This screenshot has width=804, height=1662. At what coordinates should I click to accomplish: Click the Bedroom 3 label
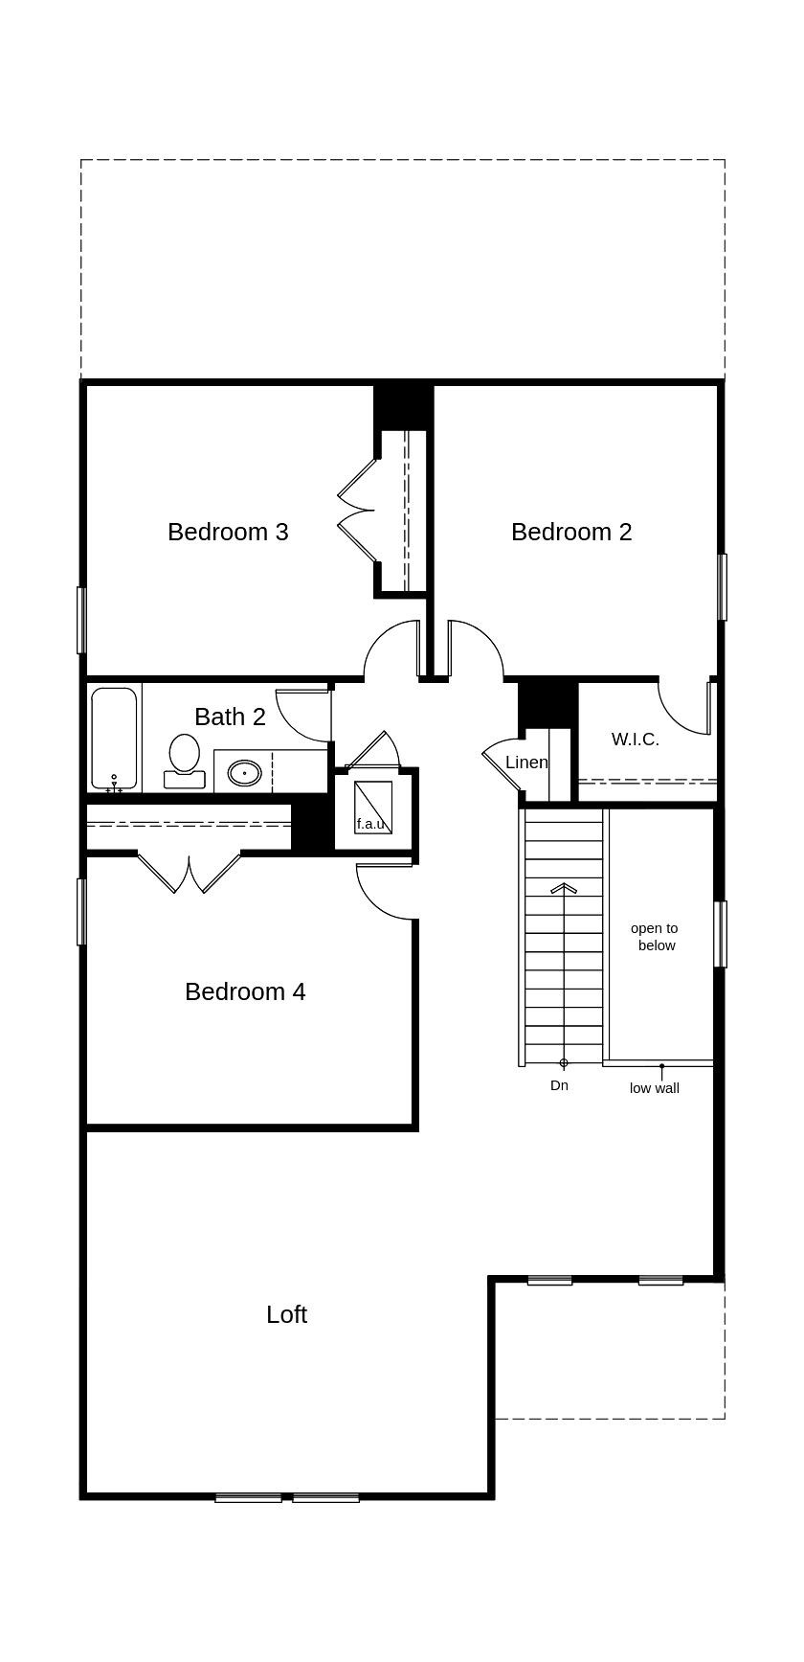(228, 532)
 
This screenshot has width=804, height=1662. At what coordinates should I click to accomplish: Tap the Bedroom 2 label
(571, 532)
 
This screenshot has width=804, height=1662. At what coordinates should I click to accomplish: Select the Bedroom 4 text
(245, 991)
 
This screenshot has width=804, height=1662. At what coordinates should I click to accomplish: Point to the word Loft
(286, 1314)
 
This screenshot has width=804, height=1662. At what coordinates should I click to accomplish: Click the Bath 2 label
(230, 717)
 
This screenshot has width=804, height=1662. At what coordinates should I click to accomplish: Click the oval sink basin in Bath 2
(244, 772)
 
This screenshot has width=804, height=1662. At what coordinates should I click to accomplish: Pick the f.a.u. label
(370, 824)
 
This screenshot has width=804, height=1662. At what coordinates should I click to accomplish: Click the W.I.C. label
(635, 740)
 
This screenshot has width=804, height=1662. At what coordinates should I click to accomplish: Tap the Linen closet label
(526, 763)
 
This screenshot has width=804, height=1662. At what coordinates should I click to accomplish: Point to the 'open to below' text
(655, 937)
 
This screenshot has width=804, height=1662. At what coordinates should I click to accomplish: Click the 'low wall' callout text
(655, 1088)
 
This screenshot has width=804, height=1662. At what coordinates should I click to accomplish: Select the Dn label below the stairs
(559, 1085)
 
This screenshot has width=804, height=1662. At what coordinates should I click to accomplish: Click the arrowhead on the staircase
(564, 888)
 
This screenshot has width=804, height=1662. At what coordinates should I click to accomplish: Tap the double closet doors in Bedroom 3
(357, 511)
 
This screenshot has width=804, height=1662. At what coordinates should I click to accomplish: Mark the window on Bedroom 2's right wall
(723, 586)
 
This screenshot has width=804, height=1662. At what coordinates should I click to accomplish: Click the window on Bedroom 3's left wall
(81, 620)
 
